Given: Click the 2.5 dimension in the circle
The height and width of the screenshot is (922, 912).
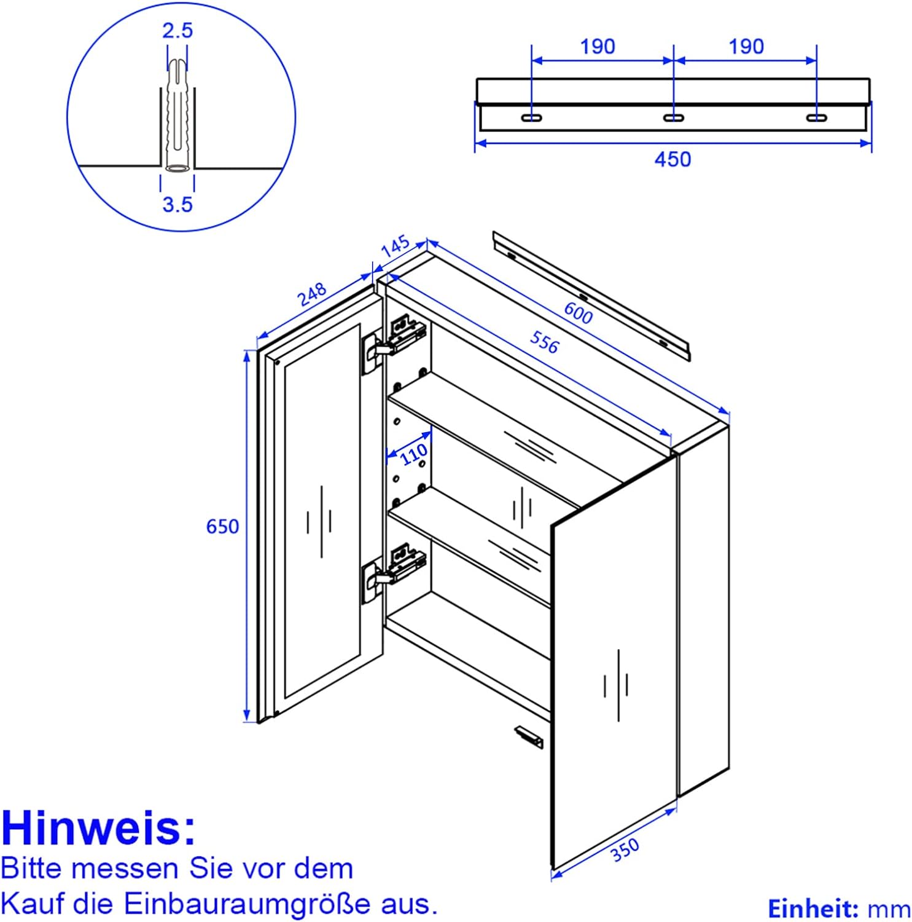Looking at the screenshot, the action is (177, 30).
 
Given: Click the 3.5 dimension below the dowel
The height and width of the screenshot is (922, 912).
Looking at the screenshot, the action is (177, 204).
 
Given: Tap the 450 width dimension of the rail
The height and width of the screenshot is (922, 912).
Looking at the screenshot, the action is (672, 159).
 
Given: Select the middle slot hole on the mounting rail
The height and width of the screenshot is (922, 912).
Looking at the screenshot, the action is (674, 117).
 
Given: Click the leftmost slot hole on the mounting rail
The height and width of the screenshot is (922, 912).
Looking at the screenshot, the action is (531, 117).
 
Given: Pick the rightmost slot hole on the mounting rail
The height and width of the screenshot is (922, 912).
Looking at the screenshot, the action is (816, 117).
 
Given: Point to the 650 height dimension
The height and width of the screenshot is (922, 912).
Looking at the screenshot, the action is (222, 527).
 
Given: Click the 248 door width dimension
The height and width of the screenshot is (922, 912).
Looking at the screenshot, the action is (313, 294).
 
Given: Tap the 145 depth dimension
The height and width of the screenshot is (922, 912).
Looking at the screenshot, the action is (395, 246).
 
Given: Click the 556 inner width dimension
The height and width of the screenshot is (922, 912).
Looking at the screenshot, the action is (544, 342).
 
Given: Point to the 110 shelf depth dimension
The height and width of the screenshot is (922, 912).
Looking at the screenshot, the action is (413, 455).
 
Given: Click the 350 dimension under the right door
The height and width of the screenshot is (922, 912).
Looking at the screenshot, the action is (625, 851).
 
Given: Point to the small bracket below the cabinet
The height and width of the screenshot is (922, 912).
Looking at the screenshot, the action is (529, 736).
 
